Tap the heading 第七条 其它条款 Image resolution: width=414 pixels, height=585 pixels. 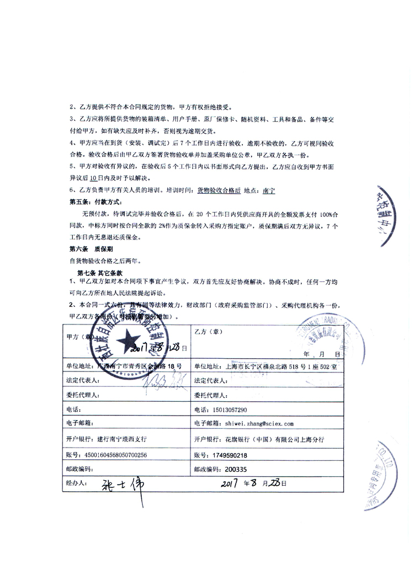(99, 273)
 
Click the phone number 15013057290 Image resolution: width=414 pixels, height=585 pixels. (228, 410)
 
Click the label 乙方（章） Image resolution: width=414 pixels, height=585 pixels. (208, 331)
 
